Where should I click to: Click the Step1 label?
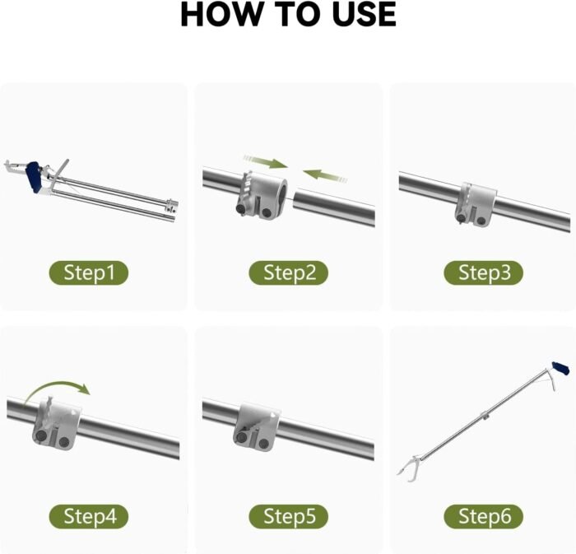coord(89,273)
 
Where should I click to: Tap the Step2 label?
coord(288,273)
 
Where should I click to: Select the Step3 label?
coord(484,273)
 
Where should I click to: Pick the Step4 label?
coord(89,516)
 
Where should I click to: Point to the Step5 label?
coord(288,516)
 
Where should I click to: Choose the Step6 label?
coord(484,516)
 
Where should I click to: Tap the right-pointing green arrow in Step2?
coord(265,161)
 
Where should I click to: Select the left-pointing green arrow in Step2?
coord(325,175)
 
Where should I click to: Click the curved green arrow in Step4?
coord(57,390)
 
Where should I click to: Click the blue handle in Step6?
coord(560,369)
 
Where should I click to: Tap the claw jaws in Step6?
coord(408,466)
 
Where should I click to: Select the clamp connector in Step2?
coord(261,195)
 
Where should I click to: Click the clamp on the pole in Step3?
coord(476,204)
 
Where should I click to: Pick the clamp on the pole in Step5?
coord(256,427)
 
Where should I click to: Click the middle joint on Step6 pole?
coord(485,416)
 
